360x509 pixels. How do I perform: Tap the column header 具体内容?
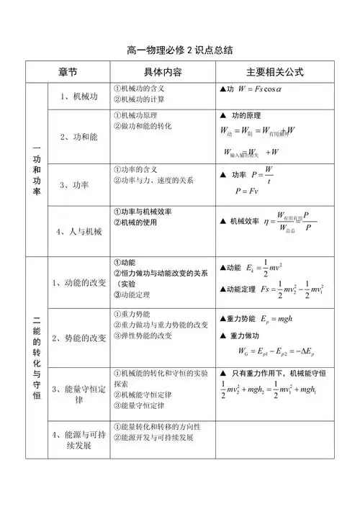pos(162,73)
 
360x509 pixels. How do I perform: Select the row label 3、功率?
pos(75,185)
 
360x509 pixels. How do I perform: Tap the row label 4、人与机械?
pos(78,231)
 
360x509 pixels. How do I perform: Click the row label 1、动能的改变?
pos(79,282)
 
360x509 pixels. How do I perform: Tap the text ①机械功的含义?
pos(140,88)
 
